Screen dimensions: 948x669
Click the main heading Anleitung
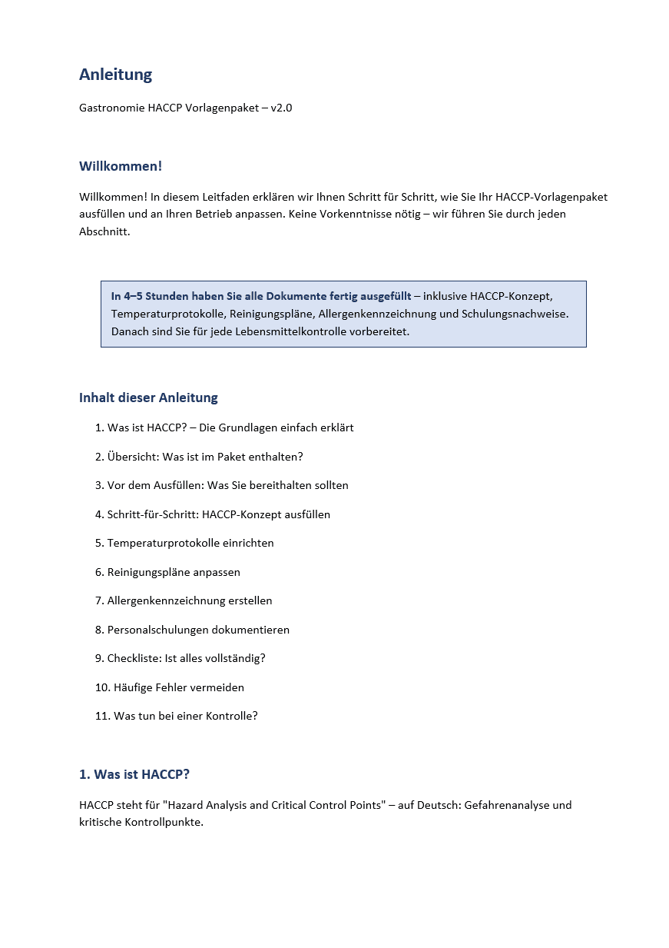coord(115,75)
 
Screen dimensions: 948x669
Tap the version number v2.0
coord(281,108)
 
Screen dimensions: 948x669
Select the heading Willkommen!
coord(120,166)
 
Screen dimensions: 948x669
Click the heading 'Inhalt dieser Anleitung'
coord(148,397)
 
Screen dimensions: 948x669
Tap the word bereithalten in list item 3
coord(278,485)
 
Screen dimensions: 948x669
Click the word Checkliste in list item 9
coord(134,658)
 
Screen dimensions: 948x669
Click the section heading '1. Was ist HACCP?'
coord(134,774)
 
